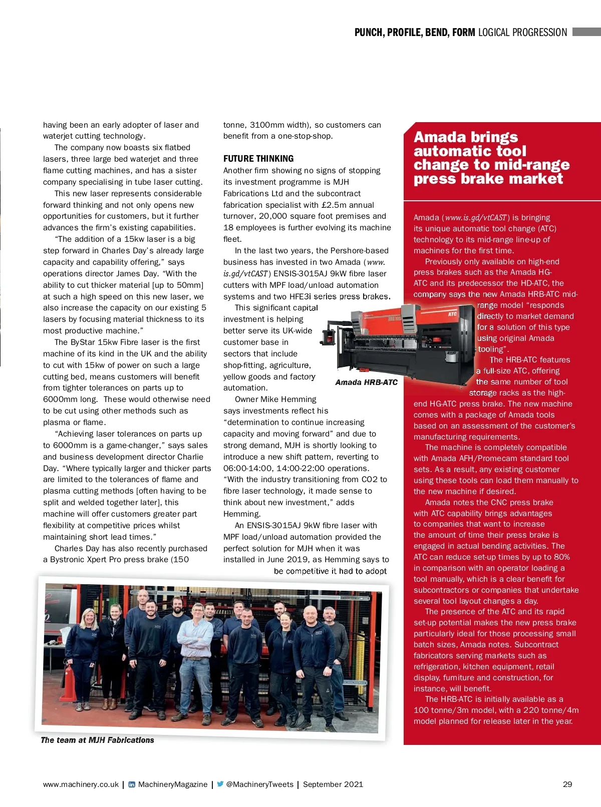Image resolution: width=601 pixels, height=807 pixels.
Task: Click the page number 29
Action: coord(567,784)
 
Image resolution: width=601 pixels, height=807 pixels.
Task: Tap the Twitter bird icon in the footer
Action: coord(220,784)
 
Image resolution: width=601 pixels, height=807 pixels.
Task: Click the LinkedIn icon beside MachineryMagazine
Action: coord(132,784)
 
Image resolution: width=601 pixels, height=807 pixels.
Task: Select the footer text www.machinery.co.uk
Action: coord(81,784)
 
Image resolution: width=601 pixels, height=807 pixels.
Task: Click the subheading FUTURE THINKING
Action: coord(258,159)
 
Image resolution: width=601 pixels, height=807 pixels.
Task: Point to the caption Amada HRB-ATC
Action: coord(366,382)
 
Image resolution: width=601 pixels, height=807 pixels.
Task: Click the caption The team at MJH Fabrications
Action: coord(97,740)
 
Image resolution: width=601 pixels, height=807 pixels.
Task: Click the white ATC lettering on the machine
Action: coord(452,314)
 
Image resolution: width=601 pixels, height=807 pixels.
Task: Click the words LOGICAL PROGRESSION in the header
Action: coord(522,33)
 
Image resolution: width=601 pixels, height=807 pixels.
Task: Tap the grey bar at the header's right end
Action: coord(586,32)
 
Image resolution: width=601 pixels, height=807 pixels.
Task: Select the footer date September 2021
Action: coord(333,784)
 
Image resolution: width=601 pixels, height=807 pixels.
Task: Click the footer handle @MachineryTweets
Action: coord(259,784)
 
